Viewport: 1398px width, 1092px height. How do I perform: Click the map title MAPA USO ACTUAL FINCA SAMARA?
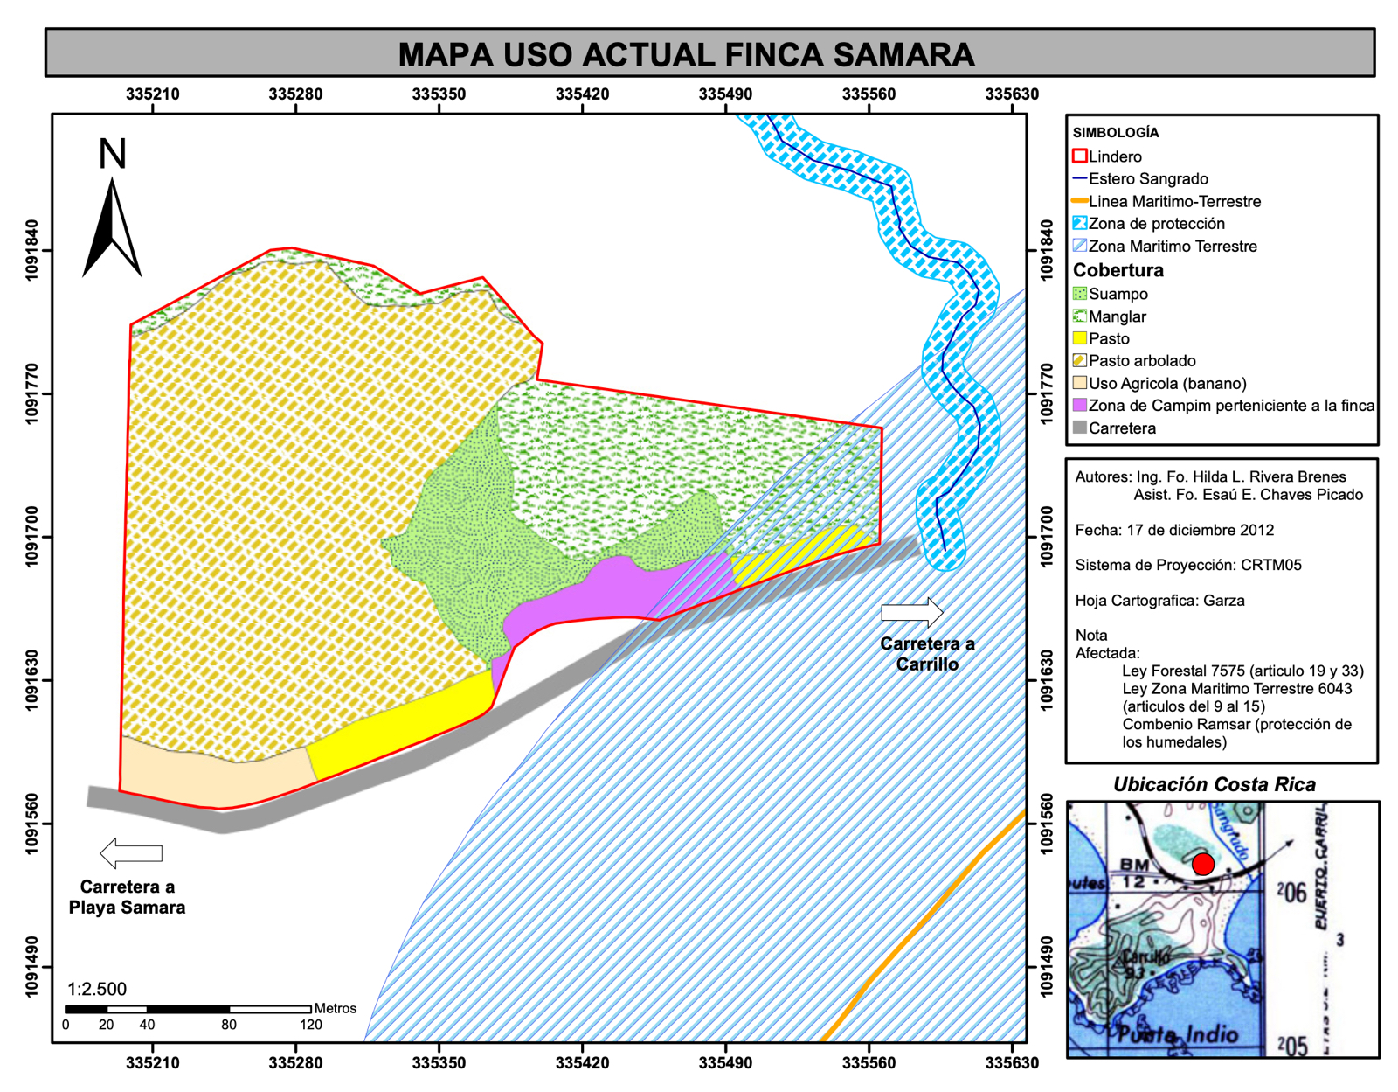coord(686,54)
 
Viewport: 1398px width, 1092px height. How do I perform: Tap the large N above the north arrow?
coord(112,154)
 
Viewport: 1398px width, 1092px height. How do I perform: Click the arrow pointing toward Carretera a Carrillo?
coord(910,611)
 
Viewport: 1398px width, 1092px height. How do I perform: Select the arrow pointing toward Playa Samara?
coord(131,852)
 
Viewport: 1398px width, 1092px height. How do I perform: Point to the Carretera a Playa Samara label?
coord(127,897)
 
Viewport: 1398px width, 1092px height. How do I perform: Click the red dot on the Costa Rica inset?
coord(1203,864)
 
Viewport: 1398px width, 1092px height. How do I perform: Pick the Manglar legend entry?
coord(1117,316)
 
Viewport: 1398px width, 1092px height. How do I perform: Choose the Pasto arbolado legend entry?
coord(1141,360)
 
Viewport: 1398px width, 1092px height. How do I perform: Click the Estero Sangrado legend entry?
coord(1147,178)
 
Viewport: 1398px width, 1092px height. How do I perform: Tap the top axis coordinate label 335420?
coord(582,94)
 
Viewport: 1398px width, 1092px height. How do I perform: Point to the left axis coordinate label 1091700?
coord(33,537)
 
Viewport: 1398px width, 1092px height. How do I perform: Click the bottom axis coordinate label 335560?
coord(869,1063)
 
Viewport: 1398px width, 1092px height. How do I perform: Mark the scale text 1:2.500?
coord(97,989)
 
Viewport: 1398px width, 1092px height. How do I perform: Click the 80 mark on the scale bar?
coord(229,1025)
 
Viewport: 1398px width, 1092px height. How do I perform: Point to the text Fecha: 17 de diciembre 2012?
coord(1173,530)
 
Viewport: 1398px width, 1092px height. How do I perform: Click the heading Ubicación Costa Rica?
coord(1214,784)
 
